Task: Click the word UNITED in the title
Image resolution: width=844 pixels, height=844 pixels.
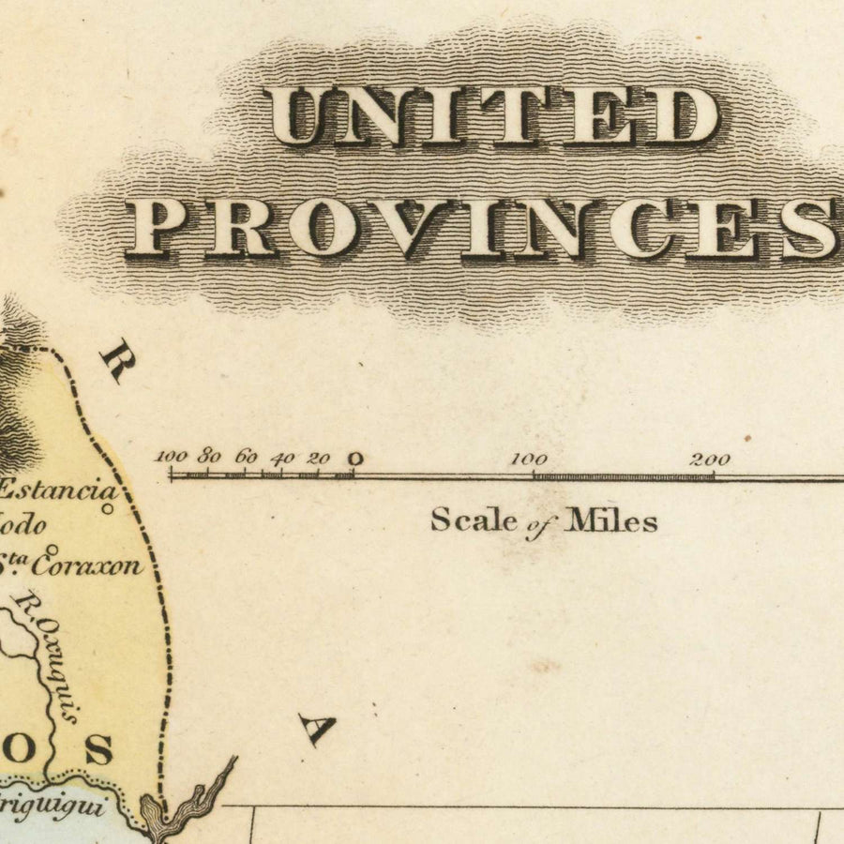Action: (x=492, y=116)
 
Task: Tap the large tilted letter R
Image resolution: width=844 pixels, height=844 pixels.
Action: (x=118, y=360)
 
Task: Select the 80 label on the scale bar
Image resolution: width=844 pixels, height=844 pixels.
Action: (x=209, y=458)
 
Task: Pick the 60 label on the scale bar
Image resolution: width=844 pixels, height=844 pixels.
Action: (x=246, y=458)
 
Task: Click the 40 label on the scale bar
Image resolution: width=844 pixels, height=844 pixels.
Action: (x=282, y=459)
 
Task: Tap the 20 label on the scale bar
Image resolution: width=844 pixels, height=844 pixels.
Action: (x=319, y=459)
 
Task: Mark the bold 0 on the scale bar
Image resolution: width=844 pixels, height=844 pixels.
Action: (x=354, y=459)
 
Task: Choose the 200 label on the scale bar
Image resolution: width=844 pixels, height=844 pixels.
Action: (x=710, y=460)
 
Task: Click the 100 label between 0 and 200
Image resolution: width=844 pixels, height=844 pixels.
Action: (x=529, y=460)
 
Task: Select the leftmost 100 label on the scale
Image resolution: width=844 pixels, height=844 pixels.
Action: (x=172, y=457)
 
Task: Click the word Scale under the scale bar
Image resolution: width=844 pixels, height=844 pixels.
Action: (x=474, y=520)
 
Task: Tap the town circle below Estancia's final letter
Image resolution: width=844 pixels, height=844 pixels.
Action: (x=108, y=509)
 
